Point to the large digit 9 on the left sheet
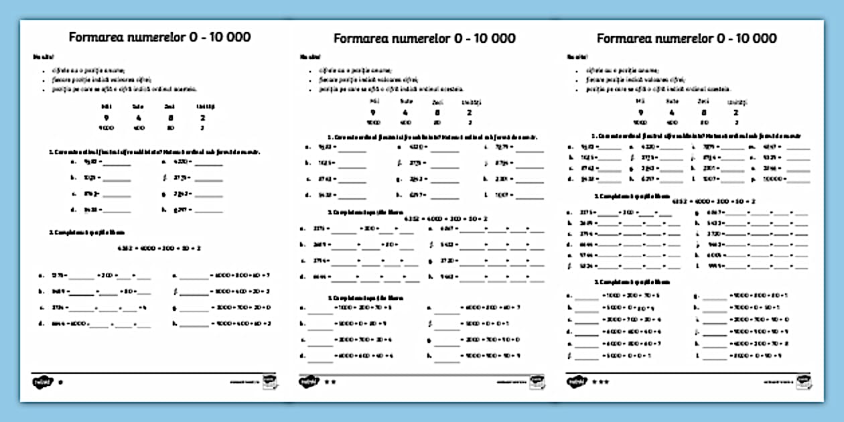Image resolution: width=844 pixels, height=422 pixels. pyautogui.click(x=107, y=118)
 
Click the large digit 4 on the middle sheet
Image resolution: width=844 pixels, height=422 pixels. pyautogui.click(x=405, y=113)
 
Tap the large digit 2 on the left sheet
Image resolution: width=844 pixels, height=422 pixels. pyautogui.click(x=202, y=118)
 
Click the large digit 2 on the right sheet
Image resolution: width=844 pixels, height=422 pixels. pyautogui.click(x=736, y=113)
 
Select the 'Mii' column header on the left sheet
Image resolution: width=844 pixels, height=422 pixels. pyautogui.click(x=107, y=107)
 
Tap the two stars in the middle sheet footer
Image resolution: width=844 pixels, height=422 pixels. pyautogui.click(x=329, y=382)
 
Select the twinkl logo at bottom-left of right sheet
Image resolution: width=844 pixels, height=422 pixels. pyautogui.click(x=575, y=382)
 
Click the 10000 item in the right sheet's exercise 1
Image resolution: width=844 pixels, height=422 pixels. pyautogui.click(x=766, y=180)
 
